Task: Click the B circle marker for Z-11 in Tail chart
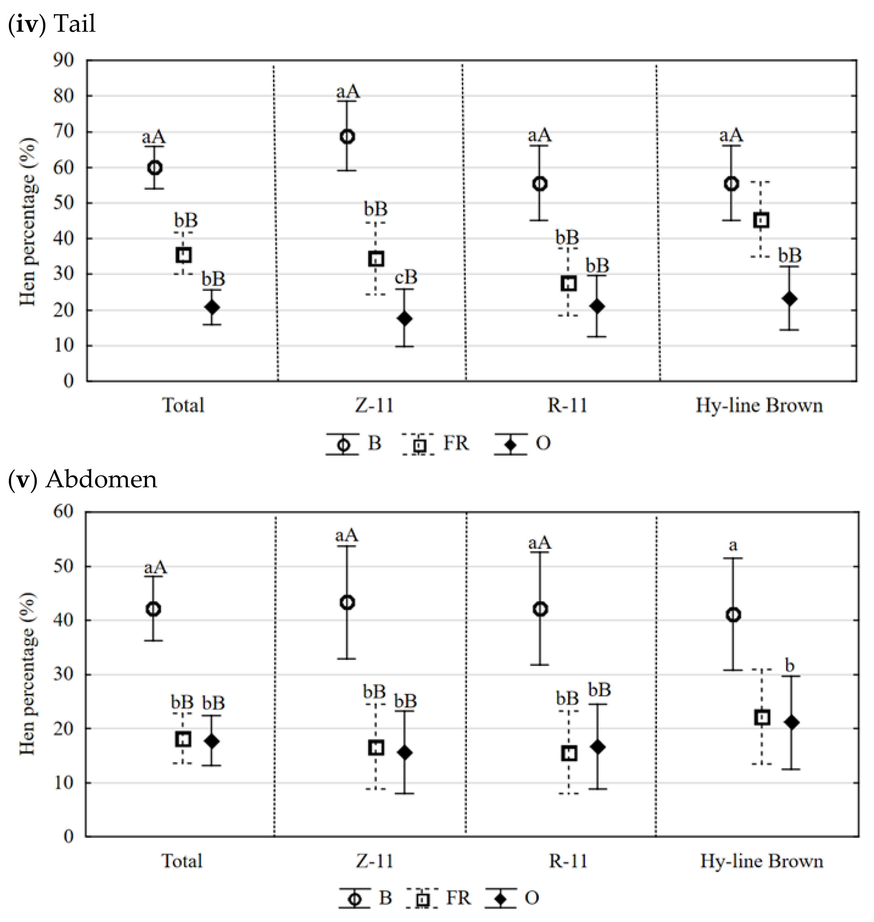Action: click(347, 137)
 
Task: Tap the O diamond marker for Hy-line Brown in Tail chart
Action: click(789, 298)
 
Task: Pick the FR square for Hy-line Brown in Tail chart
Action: click(761, 220)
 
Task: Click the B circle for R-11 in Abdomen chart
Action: click(540, 609)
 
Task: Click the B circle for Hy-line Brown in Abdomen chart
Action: click(733, 615)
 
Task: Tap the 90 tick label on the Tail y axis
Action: click(64, 60)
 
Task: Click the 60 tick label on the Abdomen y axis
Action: click(64, 511)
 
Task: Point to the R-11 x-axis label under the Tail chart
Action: click(567, 405)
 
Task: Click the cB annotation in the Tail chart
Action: click(406, 277)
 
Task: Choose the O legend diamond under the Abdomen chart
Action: click(500, 898)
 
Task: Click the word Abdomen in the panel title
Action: click(101, 479)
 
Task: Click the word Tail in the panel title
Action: click(75, 23)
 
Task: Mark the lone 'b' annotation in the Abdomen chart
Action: click(789, 665)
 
